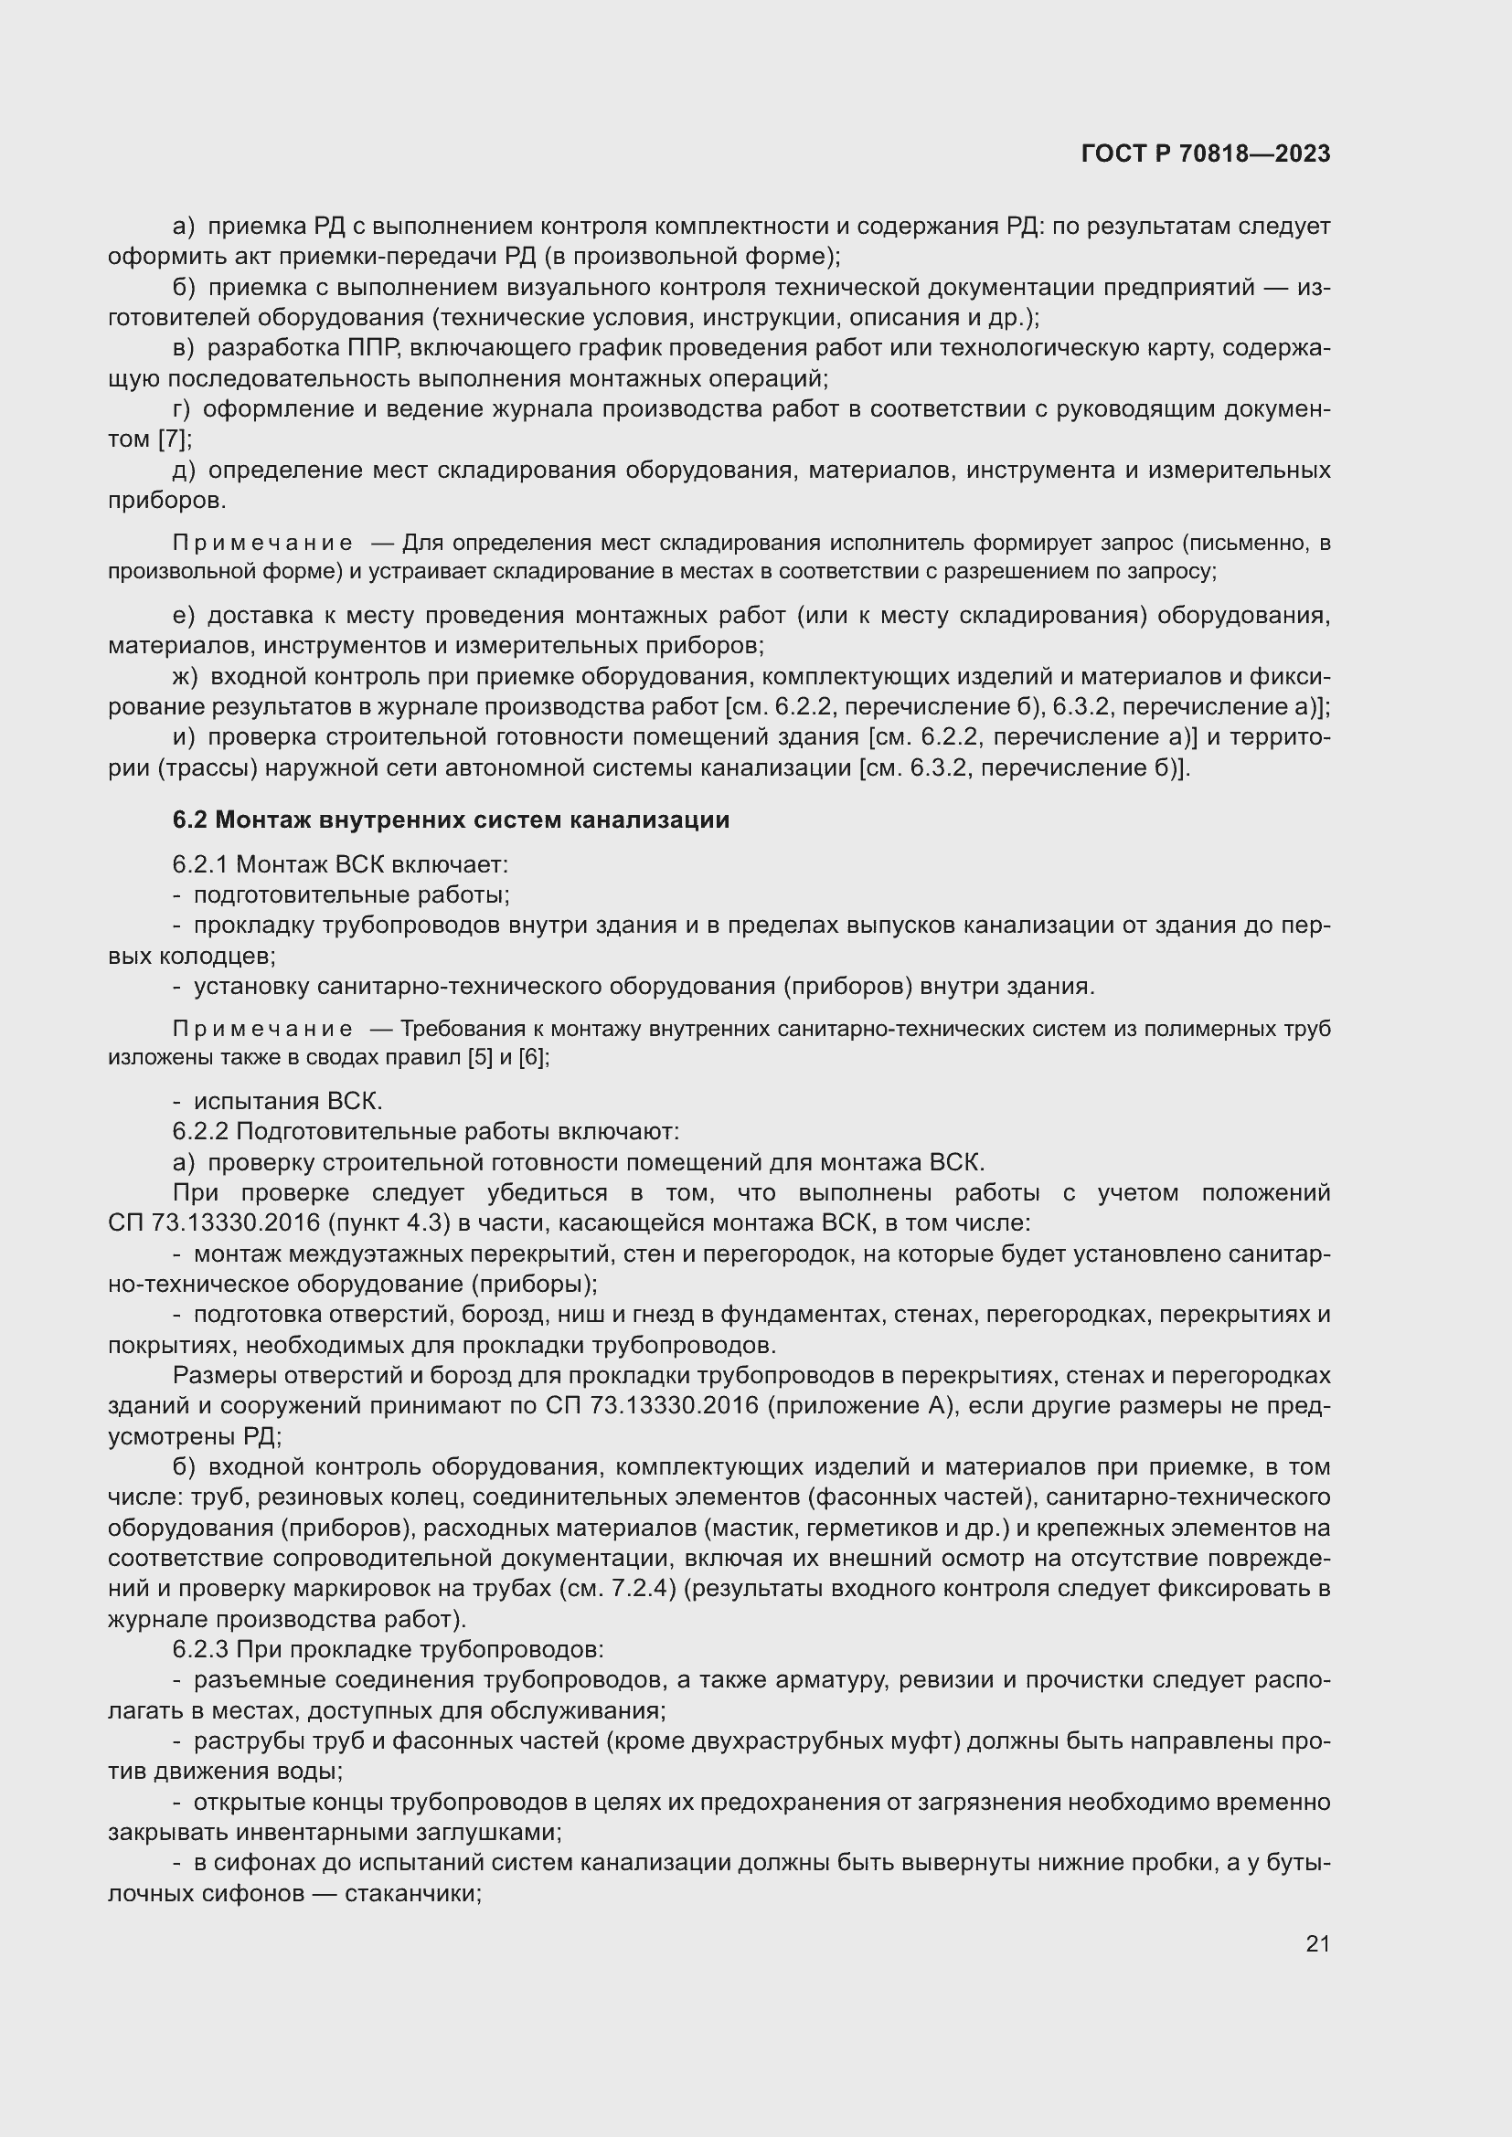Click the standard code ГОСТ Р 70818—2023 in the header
click(x=1206, y=154)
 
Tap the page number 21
click(x=1317, y=1943)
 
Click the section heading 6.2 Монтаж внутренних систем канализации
click(x=451, y=820)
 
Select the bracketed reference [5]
click(x=480, y=1058)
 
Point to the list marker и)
click(x=184, y=737)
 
